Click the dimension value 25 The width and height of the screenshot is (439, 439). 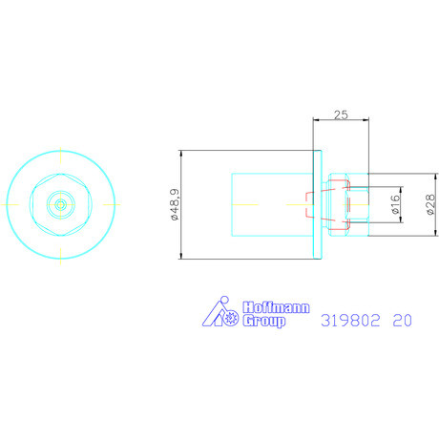point(341,115)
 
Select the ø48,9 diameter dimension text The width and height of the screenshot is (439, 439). point(175,204)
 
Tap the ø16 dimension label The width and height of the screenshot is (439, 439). point(395,204)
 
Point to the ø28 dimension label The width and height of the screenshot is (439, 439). point(430,204)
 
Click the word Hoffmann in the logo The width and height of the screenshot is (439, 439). point(276,307)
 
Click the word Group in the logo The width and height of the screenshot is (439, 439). point(263,321)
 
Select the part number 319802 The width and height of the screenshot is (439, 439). point(350,320)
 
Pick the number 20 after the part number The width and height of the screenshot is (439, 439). point(402,320)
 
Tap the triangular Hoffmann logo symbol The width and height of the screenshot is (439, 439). point(217,313)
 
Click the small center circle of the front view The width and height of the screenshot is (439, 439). point(60,204)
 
